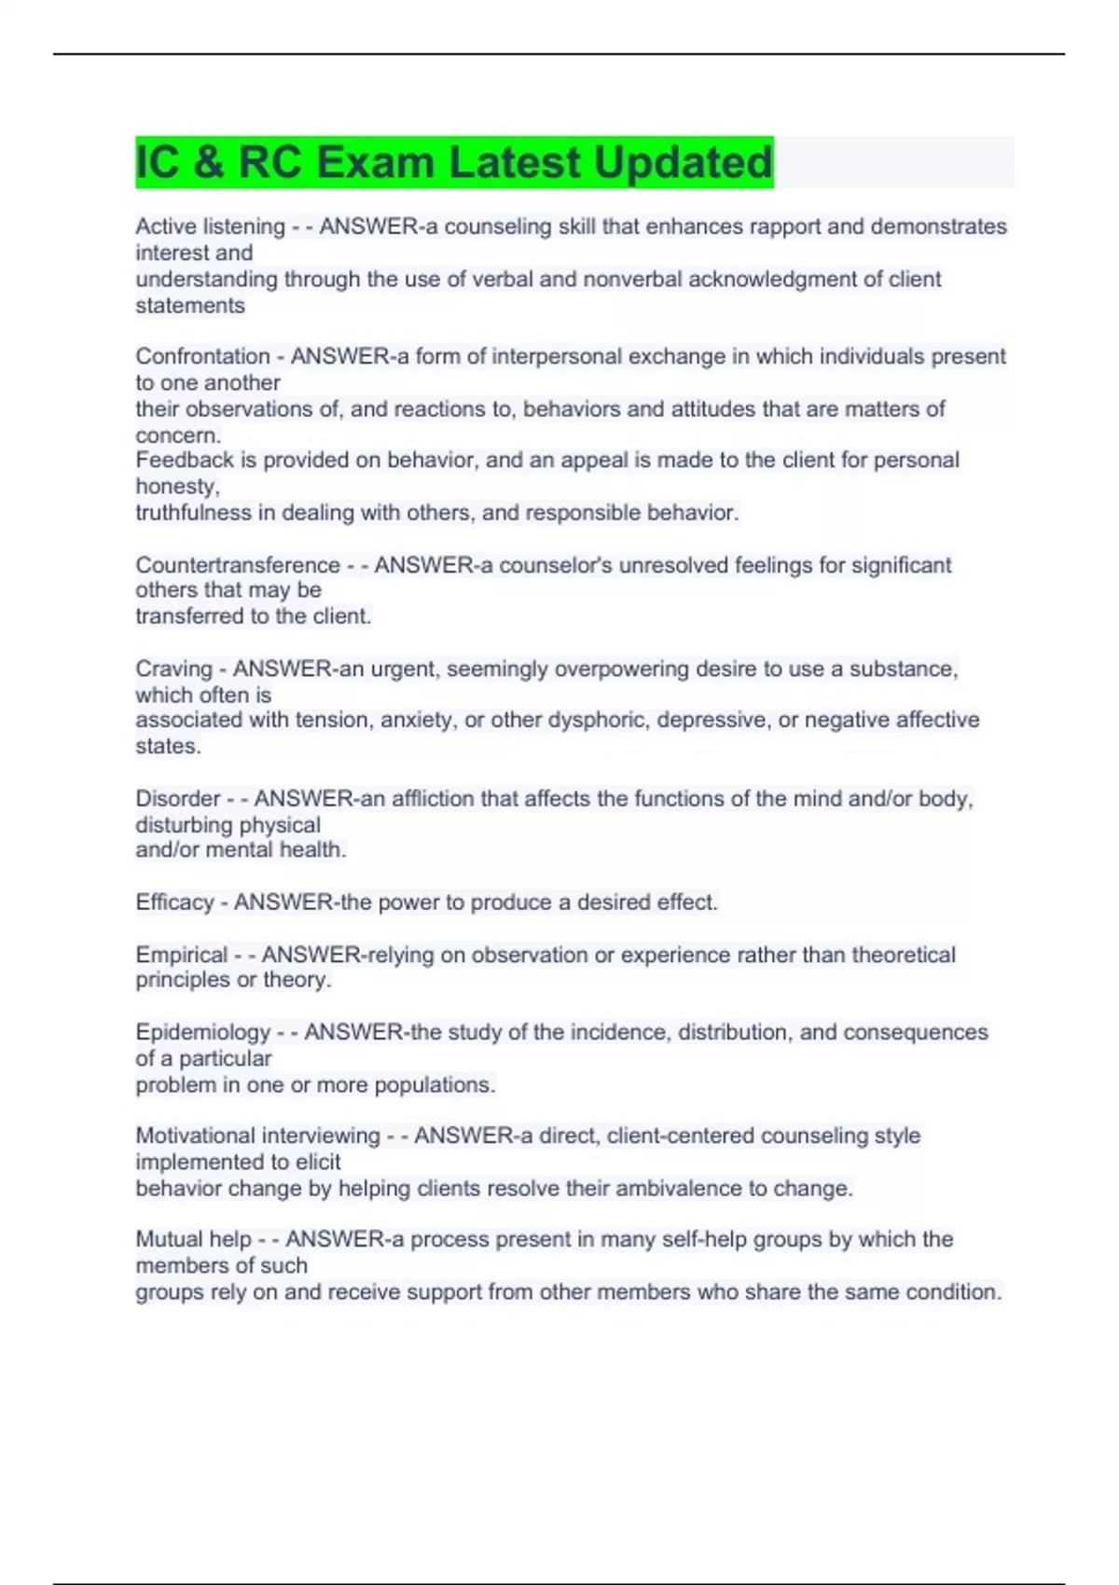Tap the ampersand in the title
[210, 162]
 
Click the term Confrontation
[202, 356]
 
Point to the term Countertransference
[238, 565]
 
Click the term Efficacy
[174, 902]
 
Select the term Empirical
[181, 955]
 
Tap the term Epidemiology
[202, 1032]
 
